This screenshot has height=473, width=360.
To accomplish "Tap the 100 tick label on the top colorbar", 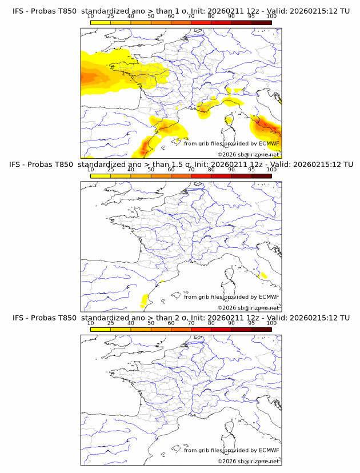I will point(271,17).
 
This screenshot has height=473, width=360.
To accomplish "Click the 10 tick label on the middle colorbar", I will point(91,170).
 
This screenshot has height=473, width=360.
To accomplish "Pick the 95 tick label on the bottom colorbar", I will point(251,323).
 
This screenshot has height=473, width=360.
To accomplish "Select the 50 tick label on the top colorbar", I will point(151,17).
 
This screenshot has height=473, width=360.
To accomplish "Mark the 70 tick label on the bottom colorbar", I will point(191,323).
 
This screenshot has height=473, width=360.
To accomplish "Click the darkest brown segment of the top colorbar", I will point(261,22).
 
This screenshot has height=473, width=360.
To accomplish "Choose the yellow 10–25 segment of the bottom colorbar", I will point(101,329).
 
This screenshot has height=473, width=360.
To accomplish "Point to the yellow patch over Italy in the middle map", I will point(263,275).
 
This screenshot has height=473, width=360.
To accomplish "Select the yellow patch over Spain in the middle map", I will point(144,298).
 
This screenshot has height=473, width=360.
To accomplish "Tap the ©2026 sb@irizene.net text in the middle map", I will point(248,307).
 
